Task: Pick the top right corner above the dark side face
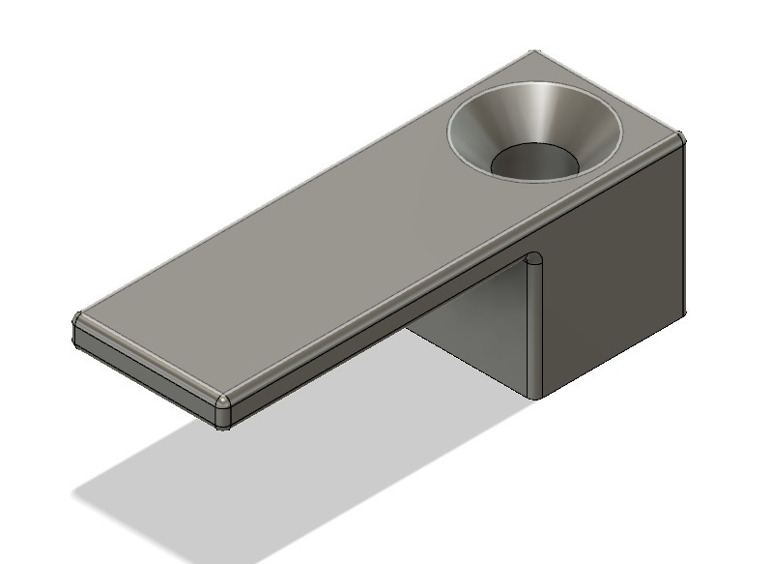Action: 680,139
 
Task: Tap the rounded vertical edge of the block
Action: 532,329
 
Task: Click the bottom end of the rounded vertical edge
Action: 532,393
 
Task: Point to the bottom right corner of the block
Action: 684,313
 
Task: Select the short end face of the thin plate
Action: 145,368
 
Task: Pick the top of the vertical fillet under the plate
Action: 532,260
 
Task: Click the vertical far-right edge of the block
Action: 685,232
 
